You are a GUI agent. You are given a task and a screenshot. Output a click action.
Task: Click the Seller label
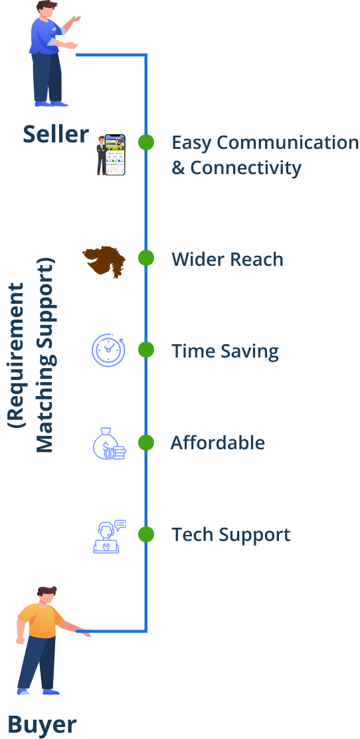(56, 134)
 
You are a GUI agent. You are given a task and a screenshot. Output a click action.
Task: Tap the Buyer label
(42, 724)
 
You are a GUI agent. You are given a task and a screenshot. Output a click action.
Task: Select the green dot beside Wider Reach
(146, 259)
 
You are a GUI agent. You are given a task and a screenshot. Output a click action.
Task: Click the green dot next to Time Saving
(146, 350)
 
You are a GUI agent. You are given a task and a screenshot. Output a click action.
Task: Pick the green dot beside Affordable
(146, 443)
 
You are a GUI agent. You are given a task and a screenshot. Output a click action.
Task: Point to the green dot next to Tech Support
(146, 534)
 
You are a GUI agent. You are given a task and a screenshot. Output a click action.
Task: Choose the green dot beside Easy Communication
(146, 142)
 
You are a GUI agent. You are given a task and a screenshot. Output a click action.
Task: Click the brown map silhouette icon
(104, 261)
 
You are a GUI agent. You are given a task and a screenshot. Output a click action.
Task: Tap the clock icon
(108, 350)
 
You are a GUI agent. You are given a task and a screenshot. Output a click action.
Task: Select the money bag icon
(110, 443)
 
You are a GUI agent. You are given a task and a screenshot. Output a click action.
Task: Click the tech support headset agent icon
(110, 536)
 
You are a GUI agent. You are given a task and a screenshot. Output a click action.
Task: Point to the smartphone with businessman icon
(111, 155)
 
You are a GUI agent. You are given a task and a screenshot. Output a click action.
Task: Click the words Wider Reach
(227, 259)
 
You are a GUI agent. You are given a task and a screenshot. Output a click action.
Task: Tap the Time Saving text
(225, 352)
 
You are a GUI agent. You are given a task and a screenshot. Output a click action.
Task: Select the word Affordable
(218, 443)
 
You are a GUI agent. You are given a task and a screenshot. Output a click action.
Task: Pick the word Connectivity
(246, 168)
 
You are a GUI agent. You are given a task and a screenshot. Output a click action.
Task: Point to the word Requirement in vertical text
(17, 356)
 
